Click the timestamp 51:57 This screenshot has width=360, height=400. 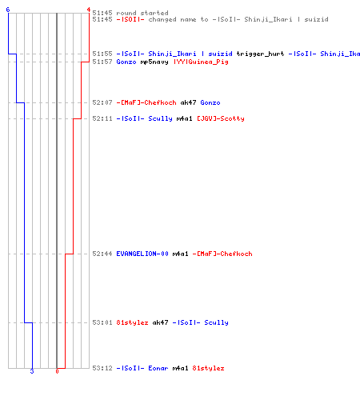pos(102,62)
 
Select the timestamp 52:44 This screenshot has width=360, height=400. pos(102,254)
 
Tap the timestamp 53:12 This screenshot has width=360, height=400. pos(102,368)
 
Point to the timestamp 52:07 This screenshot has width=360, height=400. pos(102,102)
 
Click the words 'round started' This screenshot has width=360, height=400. pos(142,13)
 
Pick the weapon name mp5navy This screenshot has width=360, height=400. pos(154,62)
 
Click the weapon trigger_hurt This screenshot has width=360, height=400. pos(260,54)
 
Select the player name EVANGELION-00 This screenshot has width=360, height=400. pos(142,254)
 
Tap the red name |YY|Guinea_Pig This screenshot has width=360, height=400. pos(201,62)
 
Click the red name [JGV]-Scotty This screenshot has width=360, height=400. pos(221,118)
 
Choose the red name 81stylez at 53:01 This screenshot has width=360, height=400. pos(132,322)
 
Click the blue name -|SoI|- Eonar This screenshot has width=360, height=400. pos(142,368)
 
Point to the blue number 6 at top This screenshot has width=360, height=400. pos(8,10)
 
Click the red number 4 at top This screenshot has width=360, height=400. pos(89,10)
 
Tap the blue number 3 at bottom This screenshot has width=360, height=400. pos(32,371)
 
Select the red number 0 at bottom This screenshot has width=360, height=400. pos(57,371)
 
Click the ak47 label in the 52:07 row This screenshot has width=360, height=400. pos(188,102)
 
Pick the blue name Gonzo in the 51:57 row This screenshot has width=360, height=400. pos(126,62)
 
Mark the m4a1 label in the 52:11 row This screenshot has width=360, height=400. pos(184,118)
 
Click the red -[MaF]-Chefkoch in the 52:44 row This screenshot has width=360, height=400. pos(222,254)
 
